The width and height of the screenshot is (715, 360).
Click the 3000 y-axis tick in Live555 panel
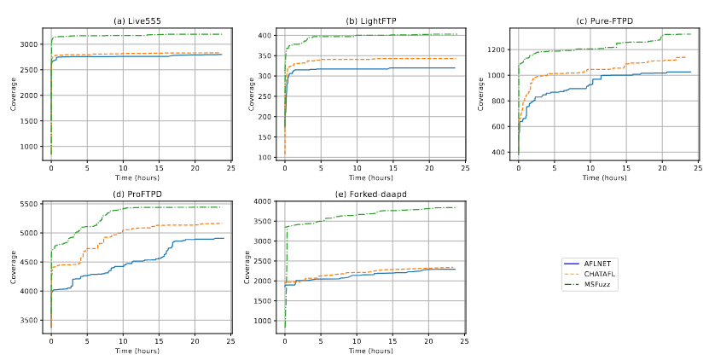point(30,44)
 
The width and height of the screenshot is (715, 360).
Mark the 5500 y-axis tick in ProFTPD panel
point(30,203)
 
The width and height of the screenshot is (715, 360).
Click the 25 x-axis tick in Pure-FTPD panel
point(698,168)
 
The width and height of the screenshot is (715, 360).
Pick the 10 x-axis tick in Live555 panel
point(123,168)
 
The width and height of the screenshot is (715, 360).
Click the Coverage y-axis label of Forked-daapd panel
point(247,266)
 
